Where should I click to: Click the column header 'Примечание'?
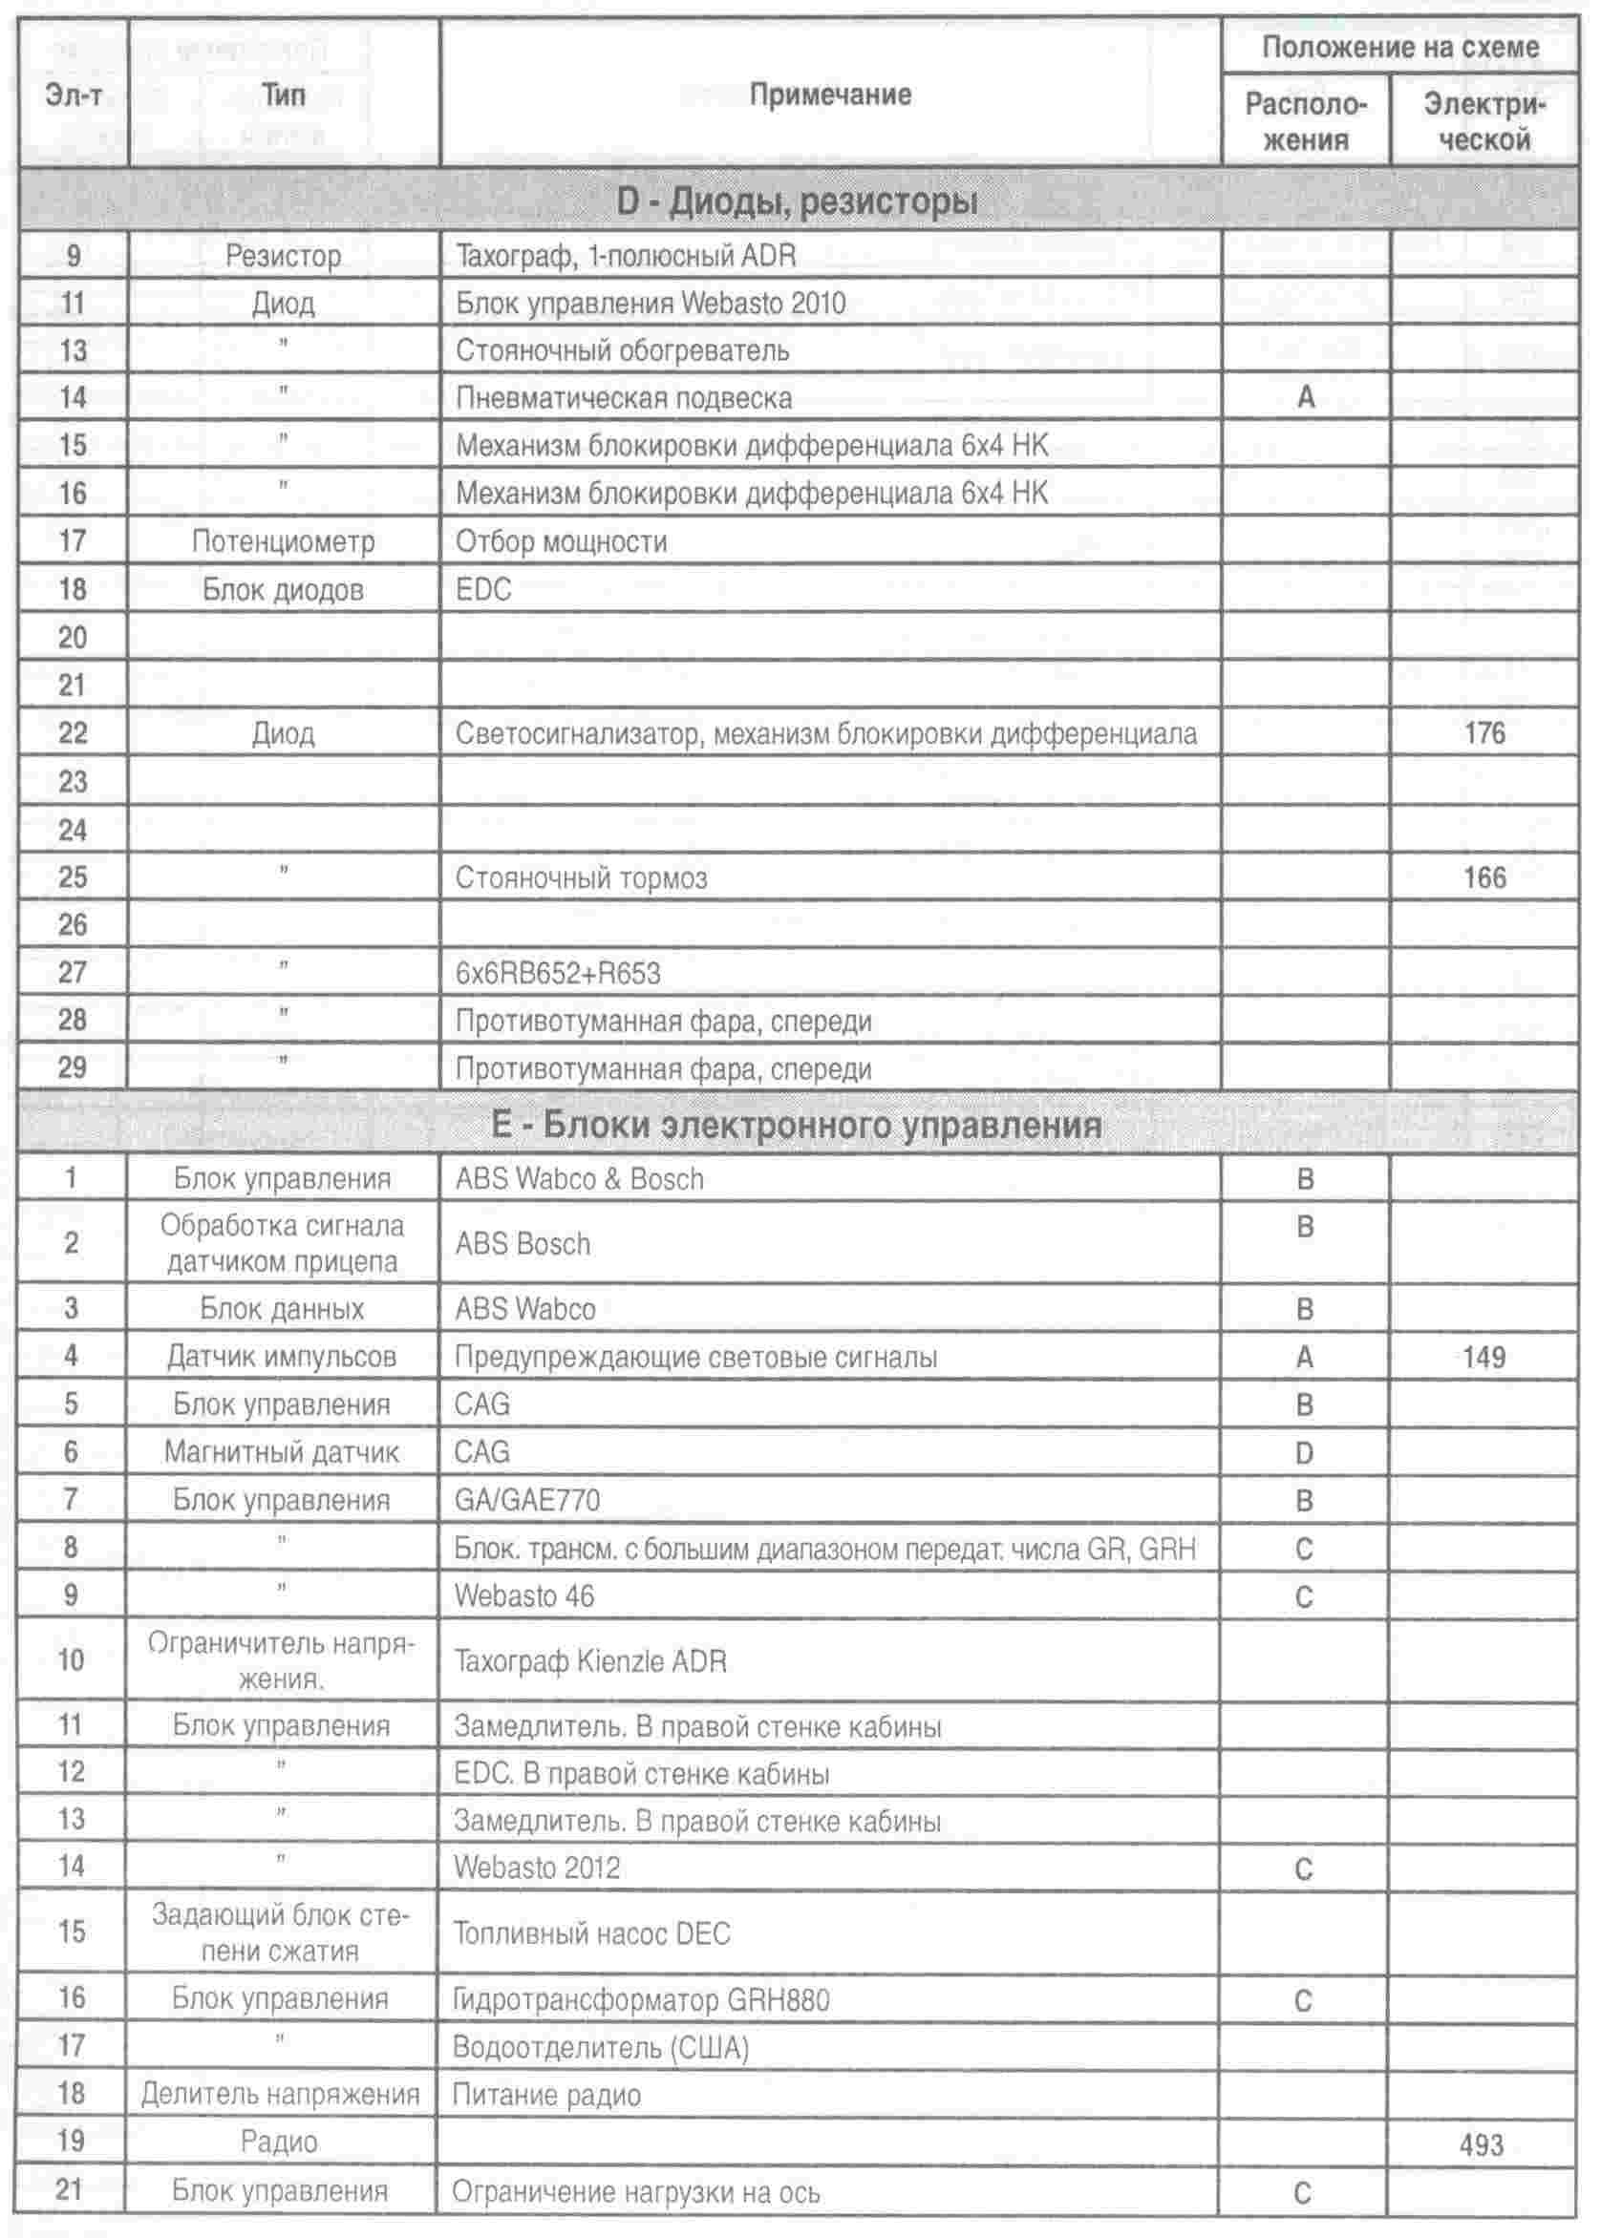pyautogui.click(x=830, y=95)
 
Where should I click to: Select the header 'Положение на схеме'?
pyautogui.click(x=1399, y=48)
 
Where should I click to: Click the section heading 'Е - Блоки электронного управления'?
pyautogui.click(x=797, y=1126)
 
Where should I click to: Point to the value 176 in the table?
pyautogui.click(x=1484, y=733)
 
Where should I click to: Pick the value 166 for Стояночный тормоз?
pyautogui.click(x=1484, y=877)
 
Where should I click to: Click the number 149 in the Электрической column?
pyautogui.click(x=1484, y=1357)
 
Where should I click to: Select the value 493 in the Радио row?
pyautogui.click(x=1482, y=2145)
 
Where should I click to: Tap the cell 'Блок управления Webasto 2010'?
pyautogui.click(x=651, y=303)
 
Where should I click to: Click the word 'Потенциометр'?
pyautogui.click(x=283, y=541)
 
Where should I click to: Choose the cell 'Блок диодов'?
pyautogui.click(x=283, y=589)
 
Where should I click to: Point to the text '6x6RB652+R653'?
pyautogui.click(x=558, y=974)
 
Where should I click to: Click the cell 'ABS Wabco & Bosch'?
pyautogui.click(x=580, y=1179)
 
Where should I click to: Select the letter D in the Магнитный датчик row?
pyautogui.click(x=1304, y=1453)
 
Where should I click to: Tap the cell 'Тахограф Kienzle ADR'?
pyautogui.click(x=590, y=1661)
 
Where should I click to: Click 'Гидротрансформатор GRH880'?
pyautogui.click(x=641, y=1999)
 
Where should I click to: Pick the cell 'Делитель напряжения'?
pyautogui.click(x=281, y=2094)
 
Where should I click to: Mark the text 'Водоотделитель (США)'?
pyautogui.click(x=600, y=2048)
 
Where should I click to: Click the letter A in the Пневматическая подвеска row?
pyautogui.click(x=1305, y=397)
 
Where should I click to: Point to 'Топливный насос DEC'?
pyautogui.click(x=591, y=1933)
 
